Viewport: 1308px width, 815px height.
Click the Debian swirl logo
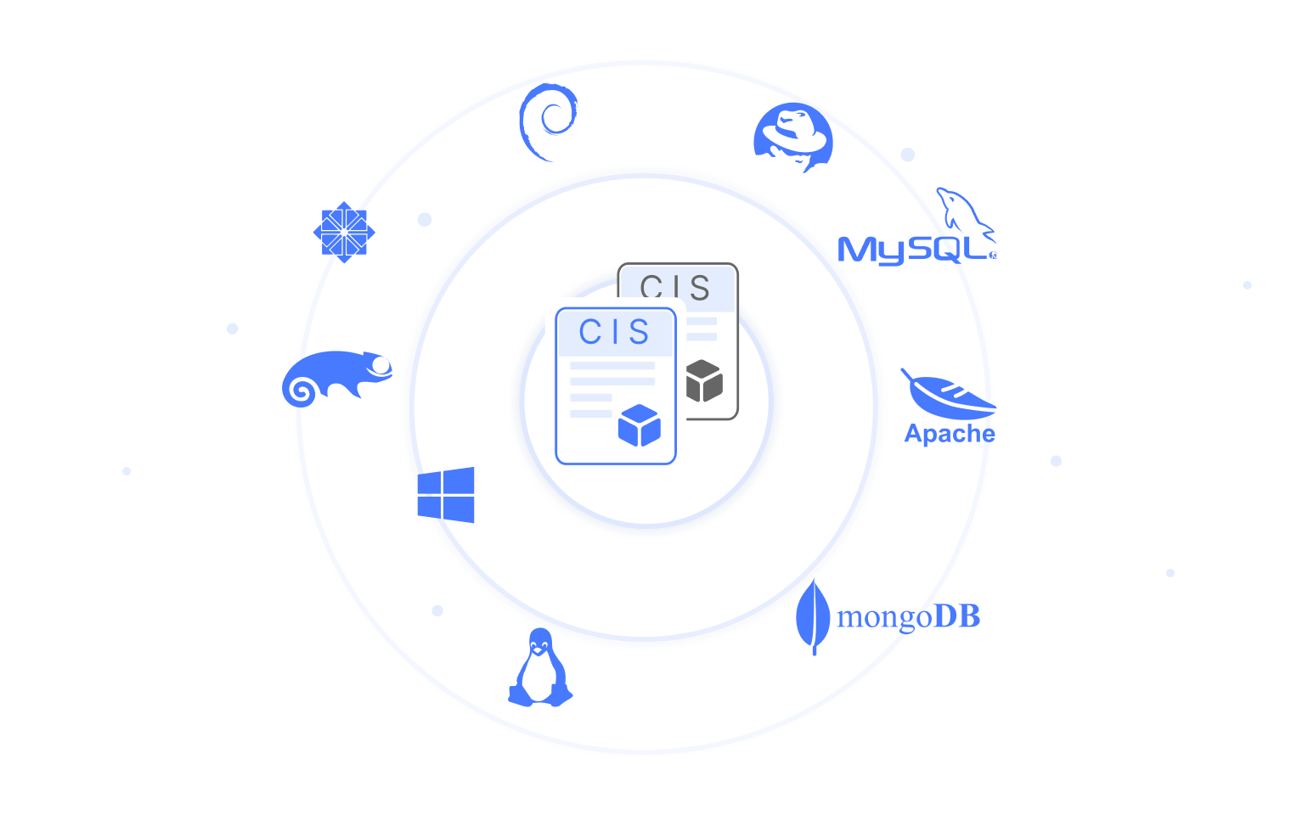click(x=547, y=121)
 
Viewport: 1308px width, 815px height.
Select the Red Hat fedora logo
click(x=793, y=137)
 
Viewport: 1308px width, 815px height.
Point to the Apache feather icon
click(x=949, y=395)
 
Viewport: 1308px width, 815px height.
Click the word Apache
click(x=950, y=434)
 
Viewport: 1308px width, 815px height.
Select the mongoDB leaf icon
click(x=813, y=616)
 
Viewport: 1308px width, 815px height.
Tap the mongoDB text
click(x=908, y=617)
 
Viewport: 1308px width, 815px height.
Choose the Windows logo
click(x=446, y=495)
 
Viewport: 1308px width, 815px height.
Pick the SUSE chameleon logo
click(x=337, y=378)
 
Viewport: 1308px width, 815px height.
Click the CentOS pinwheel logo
click(x=343, y=232)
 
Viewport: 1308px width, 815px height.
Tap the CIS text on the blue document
click(x=614, y=332)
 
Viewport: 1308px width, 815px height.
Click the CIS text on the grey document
click(x=675, y=288)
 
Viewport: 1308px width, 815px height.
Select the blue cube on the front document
click(x=639, y=425)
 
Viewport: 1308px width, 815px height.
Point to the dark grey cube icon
click(x=703, y=381)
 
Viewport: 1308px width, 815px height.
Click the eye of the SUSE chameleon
click(x=381, y=366)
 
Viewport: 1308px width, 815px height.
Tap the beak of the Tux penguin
click(x=538, y=652)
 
